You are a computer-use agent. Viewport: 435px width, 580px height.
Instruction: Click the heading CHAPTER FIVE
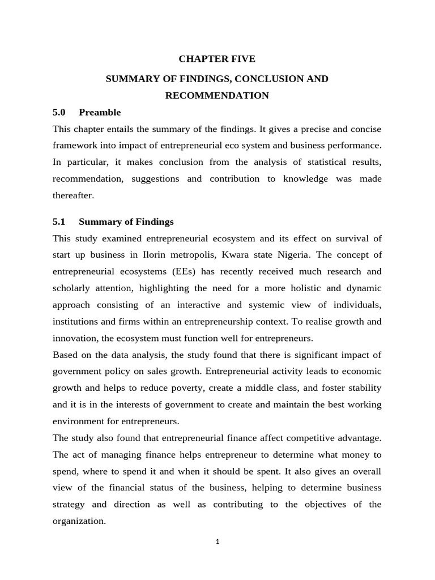217,59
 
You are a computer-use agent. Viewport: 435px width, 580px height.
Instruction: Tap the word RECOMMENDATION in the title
217,96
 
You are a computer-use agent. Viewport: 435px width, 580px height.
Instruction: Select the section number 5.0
59,112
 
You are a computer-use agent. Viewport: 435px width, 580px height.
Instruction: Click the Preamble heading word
100,112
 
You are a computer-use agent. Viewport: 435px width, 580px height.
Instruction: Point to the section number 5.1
59,221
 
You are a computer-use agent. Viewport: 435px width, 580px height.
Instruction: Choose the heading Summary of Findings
126,221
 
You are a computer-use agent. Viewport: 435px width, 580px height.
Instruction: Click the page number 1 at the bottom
217,541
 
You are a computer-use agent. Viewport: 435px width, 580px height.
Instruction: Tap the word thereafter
73,195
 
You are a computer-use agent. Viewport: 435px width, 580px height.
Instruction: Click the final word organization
79,521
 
